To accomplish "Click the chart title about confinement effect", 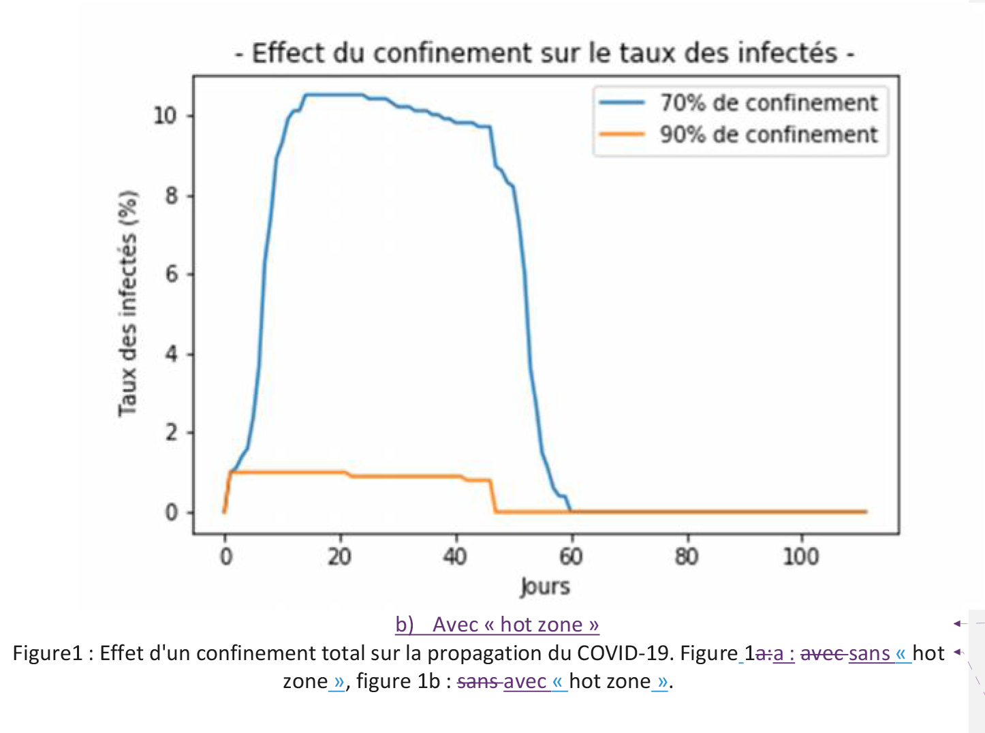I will [x=544, y=53].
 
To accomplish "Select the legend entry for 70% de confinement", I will [x=768, y=103].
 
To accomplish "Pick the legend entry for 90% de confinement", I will [x=768, y=134].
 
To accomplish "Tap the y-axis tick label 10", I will [x=164, y=116].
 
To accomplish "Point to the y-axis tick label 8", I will [x=171, y=196].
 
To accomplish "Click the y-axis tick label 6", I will [x=171, y=275].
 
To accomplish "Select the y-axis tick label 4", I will [x=171, y=354].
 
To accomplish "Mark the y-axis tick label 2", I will [x=171, y=433].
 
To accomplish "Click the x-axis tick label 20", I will [x=339, y=557].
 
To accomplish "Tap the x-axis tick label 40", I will [x=455, y=557].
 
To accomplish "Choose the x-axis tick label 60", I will [x=571, y=557].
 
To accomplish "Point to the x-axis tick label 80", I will [x=687, y=557].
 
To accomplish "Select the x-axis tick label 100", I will [x=800, y=557].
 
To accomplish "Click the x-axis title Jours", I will [x=545, y=587].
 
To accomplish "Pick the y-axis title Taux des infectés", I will [x=128, y=303].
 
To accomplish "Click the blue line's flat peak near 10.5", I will [x=334, y=95].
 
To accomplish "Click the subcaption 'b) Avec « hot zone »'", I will [x=497, y=625].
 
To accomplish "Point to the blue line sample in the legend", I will [x=621, y=103].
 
